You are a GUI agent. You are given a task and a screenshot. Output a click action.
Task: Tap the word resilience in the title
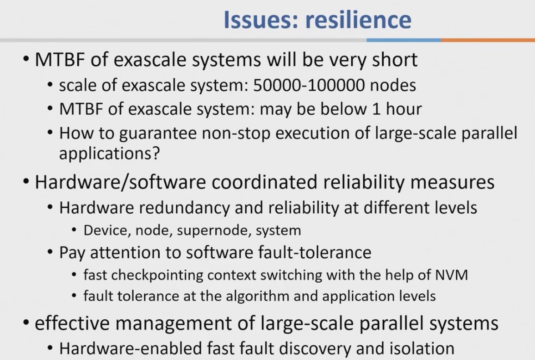358,19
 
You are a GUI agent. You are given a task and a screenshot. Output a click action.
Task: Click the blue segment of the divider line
404,40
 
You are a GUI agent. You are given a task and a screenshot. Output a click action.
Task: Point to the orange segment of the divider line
488,40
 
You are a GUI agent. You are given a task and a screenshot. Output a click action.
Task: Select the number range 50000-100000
309,85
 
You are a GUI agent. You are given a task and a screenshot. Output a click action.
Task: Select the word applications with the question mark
109,154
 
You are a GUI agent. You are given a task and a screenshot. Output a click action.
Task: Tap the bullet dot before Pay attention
50,253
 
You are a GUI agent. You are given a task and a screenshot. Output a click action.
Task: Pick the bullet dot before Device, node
75,230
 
